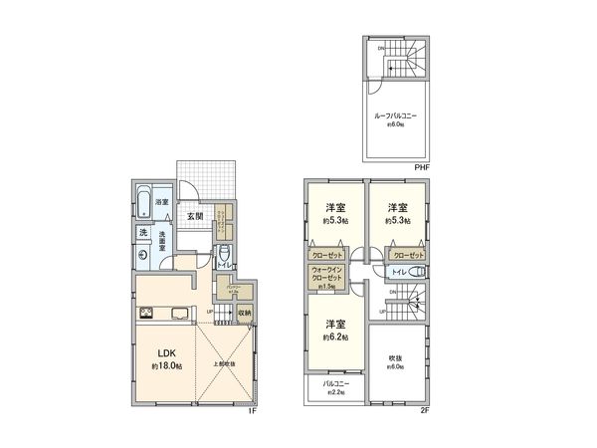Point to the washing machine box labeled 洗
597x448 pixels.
[144, 232]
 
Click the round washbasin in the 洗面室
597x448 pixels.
[145, 254]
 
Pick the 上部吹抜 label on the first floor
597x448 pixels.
[223, 363]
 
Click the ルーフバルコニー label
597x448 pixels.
[395, 116]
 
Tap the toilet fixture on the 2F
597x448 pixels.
[416, 271]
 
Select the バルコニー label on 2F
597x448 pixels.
[333, 383]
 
